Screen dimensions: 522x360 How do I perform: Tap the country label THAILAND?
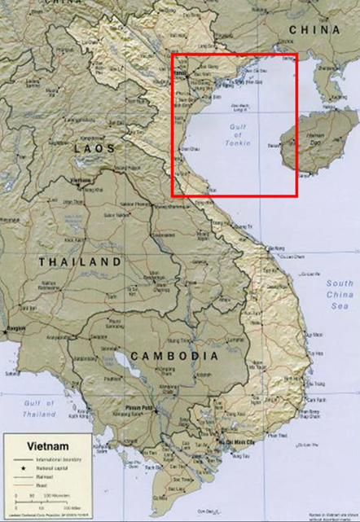coord(81,262)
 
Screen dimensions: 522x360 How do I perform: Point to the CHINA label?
coord(313,30)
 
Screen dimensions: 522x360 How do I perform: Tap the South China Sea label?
coord(337,295)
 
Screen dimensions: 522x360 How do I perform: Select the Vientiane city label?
coord(80,178)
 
